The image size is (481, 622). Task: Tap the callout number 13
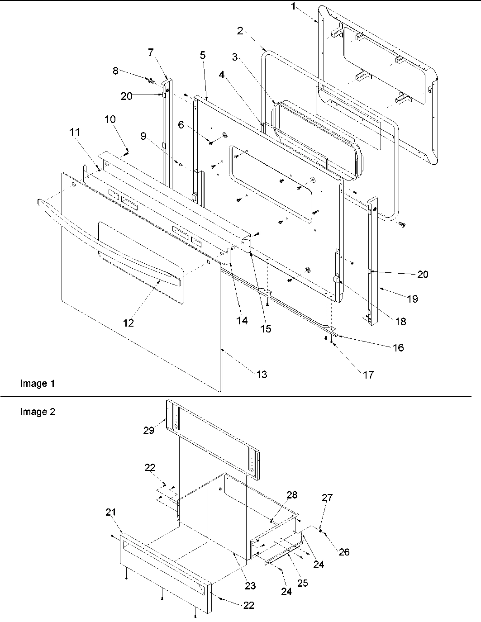coord(262,374)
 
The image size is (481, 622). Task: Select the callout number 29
coord(149,430)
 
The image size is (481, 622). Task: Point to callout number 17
coord(368,375)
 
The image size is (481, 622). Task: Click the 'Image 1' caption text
coord(38,384)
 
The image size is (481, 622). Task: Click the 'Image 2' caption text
coord(38,412)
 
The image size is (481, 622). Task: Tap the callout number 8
coord(115,71)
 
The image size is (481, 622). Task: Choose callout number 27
coord(327,498)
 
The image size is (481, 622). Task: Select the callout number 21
coord(111,512)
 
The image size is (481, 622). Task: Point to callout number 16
coord(398,347)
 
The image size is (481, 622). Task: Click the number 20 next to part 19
coord(423,274)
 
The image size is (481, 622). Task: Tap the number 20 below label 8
coord(127,96)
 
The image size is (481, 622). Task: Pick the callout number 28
coord(292,495)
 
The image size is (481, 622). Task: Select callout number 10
coord(110,119)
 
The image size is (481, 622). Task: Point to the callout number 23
coord(250,586)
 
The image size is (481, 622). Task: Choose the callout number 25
coord(302,583)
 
